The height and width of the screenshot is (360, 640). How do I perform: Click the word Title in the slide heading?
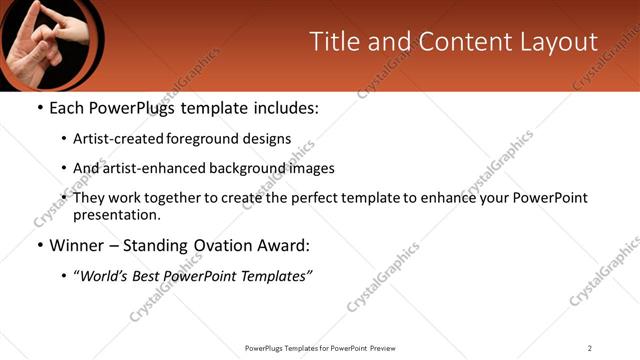(x=333, y=42)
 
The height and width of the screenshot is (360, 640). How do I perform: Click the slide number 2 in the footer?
(x=590, y=348)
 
